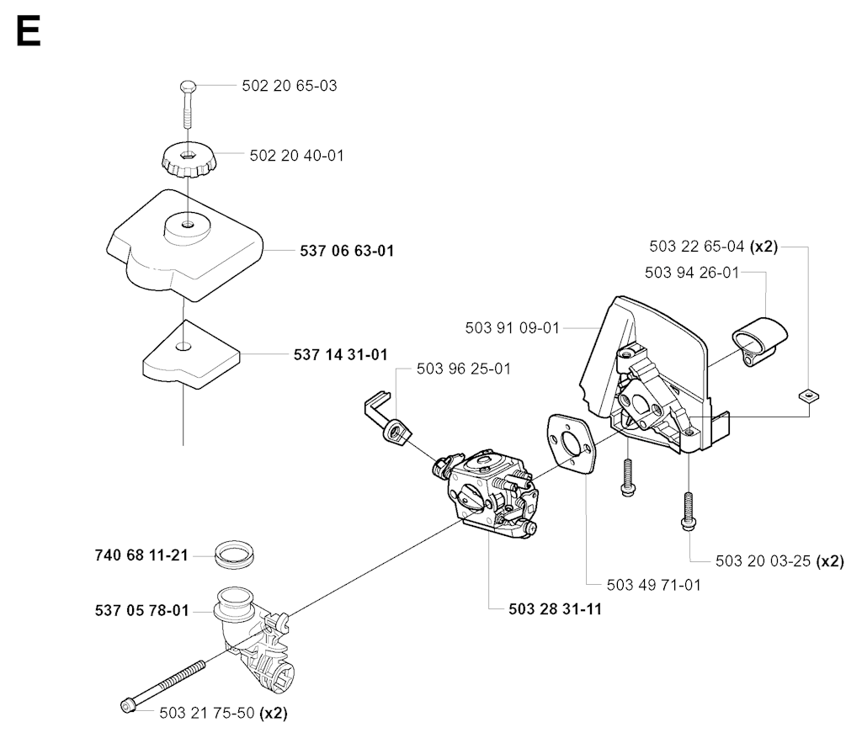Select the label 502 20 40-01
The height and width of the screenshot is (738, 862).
297,156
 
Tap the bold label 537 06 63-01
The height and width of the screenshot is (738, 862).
347,251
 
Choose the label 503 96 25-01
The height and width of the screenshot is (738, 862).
464,369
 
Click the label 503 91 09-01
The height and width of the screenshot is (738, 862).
512,328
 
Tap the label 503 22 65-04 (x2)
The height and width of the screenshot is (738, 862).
713,247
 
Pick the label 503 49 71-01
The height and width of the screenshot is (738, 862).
654,584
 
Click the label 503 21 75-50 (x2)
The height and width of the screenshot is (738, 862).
223,712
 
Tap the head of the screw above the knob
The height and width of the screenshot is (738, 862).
188,87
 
